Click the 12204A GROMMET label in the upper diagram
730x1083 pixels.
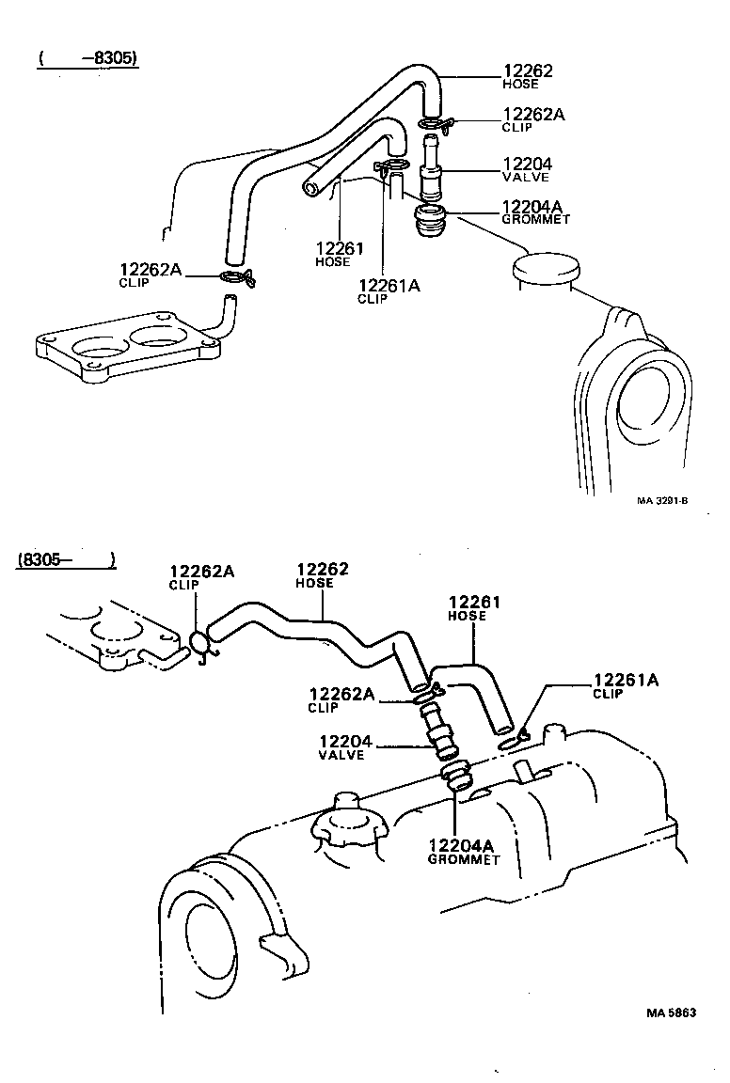[536, 212]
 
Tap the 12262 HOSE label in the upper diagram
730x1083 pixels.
[528, 76]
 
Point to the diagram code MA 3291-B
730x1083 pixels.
[661, 501]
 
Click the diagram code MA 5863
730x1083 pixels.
[671, 1012]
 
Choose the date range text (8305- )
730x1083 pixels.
[66, 560]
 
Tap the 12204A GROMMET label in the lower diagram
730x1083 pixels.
[463, 851]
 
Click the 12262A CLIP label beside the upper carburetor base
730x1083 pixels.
[150, 275]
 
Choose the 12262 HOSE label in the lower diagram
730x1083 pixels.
[323, 574]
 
